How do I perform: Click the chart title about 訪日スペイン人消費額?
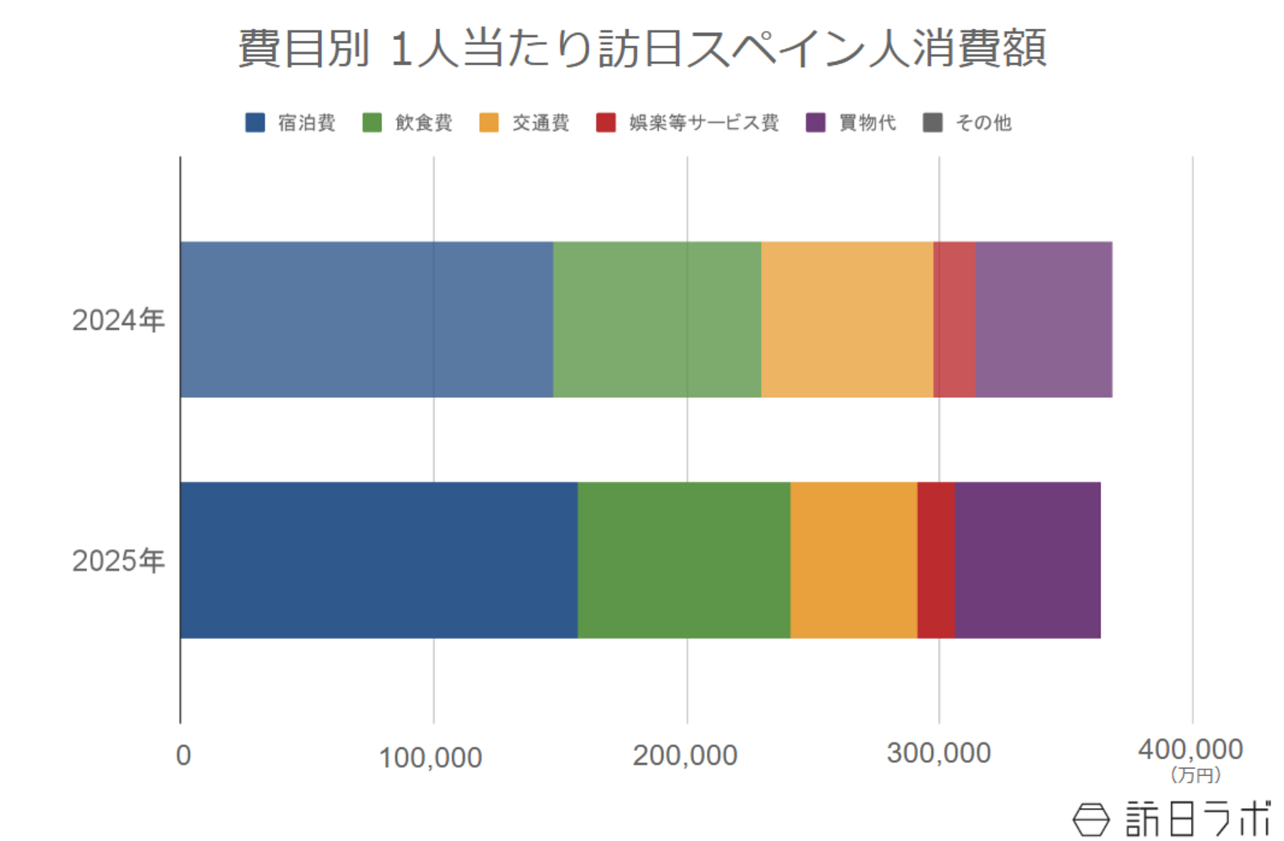(642, 48)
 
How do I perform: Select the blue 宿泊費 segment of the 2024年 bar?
(367, 319)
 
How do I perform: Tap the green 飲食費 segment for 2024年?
(657, 319)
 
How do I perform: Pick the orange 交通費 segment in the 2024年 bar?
(847, 319)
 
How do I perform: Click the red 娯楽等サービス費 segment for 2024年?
(954, 319)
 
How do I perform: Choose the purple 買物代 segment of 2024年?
(1044, 319)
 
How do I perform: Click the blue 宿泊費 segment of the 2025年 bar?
(379, 560)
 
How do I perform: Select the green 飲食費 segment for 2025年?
(684, 560)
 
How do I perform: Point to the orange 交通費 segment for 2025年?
(854, 560)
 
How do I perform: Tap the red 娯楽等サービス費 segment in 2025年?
(936, 560)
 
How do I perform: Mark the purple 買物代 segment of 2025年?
(1028, 560)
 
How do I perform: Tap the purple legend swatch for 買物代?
(815, 123)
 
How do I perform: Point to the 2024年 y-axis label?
(118, 320)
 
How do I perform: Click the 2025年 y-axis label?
(118, 561)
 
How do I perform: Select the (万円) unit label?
(1195, 775)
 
